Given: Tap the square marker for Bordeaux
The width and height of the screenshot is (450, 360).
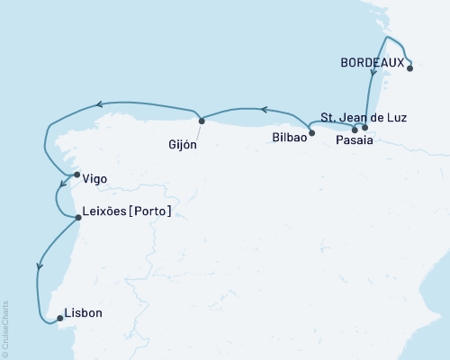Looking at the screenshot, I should point(409,66).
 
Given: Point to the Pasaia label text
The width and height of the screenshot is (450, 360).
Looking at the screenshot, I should point(350,140).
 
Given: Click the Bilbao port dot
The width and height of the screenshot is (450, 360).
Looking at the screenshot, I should point(311,134).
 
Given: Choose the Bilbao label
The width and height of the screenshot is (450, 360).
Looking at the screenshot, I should point(288,139).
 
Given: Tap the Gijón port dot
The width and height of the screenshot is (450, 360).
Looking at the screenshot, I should point(202,120).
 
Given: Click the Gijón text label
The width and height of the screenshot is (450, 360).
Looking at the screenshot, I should point(184,144).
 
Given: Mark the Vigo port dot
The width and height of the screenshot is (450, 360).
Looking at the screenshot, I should point(76,175).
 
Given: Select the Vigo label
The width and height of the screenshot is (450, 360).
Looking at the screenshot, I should point(94,179).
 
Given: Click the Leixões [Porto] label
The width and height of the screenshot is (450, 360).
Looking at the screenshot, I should point(126,211).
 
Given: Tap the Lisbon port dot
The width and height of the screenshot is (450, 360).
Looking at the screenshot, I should point(59,318).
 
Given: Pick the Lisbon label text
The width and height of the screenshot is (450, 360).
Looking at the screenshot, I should point(85,314).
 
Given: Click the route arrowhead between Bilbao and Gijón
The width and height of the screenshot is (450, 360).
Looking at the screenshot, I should point(264,110).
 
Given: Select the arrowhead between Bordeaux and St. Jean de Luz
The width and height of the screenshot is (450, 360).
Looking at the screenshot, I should point(372,73).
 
